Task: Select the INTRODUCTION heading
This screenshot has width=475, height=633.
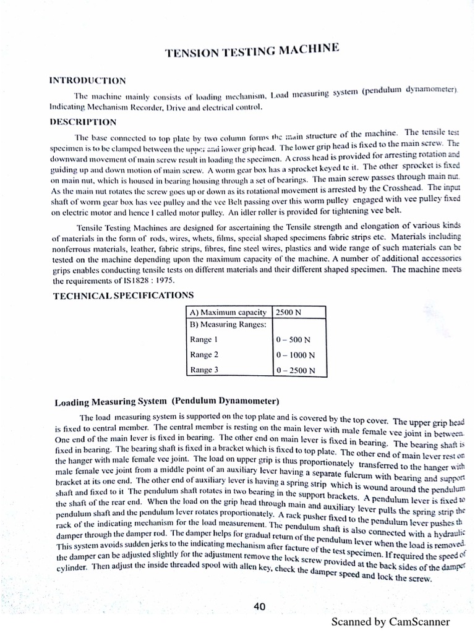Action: click(87, 80)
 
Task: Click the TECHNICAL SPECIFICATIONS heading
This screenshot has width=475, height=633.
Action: click(124, 295)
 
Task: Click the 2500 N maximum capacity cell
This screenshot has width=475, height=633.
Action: click(289, 312)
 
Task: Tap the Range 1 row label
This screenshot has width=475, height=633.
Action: click(204, 339)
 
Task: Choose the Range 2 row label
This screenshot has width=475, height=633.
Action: click(204, 355)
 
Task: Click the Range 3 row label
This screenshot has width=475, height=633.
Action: click(204, 370)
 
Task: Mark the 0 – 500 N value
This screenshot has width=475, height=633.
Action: click(293, 340)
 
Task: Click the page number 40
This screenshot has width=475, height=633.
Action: click(260, 606)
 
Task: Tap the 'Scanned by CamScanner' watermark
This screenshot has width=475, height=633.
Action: click(390, 622)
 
